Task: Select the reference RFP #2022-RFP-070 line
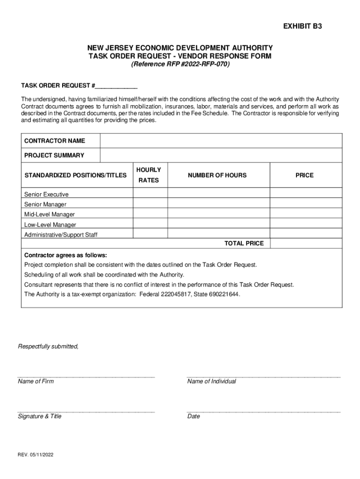(180, 65)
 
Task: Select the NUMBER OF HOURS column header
(217, 175)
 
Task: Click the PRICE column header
(304, 175)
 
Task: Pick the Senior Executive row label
(46, 194)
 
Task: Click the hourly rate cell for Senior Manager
(150, 204)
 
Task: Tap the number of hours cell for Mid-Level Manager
(218, 214)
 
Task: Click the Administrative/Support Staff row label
(61, 235)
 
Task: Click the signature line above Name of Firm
(86, 376)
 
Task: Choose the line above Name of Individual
(263, 376)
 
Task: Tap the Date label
(194, 416)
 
